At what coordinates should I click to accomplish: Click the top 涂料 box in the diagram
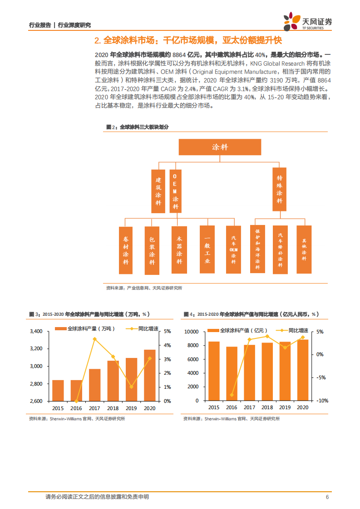220,147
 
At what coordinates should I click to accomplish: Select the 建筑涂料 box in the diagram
158,191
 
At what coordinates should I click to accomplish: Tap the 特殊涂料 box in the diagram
280,190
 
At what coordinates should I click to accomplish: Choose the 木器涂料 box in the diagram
179,250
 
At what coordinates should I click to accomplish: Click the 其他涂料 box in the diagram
304,249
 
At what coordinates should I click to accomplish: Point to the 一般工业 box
207,250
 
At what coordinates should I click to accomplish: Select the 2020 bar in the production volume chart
150,375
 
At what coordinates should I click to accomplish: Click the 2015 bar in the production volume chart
58,390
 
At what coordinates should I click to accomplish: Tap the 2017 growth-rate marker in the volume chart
94,339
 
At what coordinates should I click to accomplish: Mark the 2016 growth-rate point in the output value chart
232,395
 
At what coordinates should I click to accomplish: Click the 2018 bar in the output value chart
267,372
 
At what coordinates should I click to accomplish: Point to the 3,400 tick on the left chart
36,331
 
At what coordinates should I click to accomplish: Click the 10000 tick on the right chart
192,332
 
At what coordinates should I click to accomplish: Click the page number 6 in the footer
327,497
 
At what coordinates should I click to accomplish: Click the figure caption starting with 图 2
137,127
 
